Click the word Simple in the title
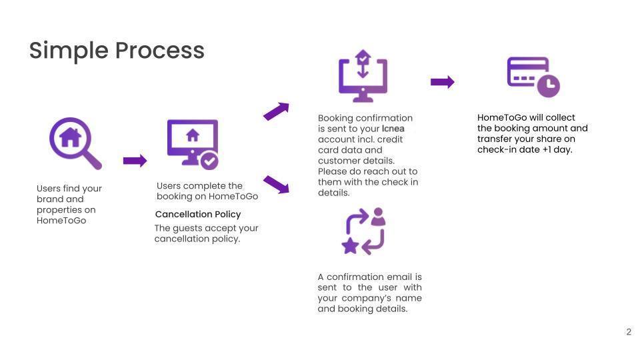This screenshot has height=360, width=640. [x=69, y=51]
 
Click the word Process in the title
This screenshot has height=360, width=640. [x=159, y=50]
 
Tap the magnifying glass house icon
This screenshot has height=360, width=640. [x=75, y=143]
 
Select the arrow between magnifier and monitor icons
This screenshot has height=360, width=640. [x=135, y=161]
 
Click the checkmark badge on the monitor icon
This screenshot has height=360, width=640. [x=209, y=161]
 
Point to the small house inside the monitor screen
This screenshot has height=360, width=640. [x=193, y=135]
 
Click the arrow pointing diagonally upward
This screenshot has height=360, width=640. [x=276, y=111]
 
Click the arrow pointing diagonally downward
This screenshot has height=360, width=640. [x=276, y=184]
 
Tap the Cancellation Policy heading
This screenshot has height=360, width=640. [x=198, y=214]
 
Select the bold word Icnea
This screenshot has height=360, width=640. [x=393, y=129]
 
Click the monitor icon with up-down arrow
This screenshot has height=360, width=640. [x=363, y=76]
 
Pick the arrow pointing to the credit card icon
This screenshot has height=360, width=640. [x=443, y=81]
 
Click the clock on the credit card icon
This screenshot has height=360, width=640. [x=548, y=86]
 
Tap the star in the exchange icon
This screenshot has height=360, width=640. [x=350, y=246]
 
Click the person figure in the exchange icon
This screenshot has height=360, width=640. [x=379, y=217]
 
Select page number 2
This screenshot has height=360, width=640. [x=629, y=332]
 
